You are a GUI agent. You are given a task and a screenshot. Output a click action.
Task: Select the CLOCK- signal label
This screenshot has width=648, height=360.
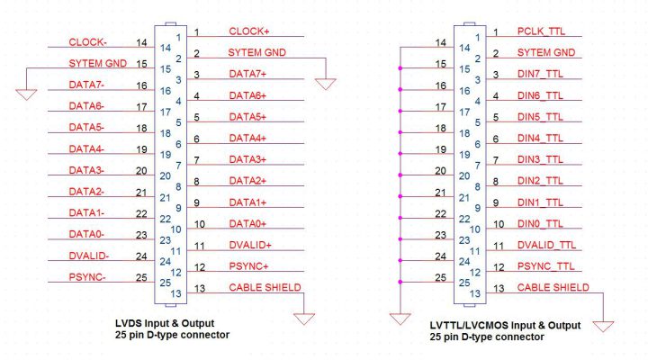point(88,42)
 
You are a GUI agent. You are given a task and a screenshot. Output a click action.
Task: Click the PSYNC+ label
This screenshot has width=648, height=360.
point(249,265)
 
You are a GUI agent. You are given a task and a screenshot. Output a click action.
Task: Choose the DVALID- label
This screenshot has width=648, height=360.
point(89,256)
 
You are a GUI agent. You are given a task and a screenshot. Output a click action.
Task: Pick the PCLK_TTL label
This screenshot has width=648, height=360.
point(540,31)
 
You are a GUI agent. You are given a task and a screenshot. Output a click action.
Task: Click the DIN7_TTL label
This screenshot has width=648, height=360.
point(540,74)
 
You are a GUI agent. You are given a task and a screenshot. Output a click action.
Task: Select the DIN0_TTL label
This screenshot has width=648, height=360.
point(540,223)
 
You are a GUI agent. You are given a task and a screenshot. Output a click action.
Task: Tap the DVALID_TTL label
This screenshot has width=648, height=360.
point(545,245)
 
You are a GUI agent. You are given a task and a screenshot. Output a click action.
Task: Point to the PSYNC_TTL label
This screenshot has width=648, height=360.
point(544,265)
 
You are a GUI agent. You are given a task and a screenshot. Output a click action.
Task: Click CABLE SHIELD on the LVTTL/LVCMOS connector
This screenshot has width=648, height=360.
point(553,287)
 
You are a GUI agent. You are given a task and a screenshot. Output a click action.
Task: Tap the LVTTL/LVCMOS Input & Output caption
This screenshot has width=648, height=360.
point(505,324)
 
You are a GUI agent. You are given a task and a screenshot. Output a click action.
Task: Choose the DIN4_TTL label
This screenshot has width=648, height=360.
point(540,138)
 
